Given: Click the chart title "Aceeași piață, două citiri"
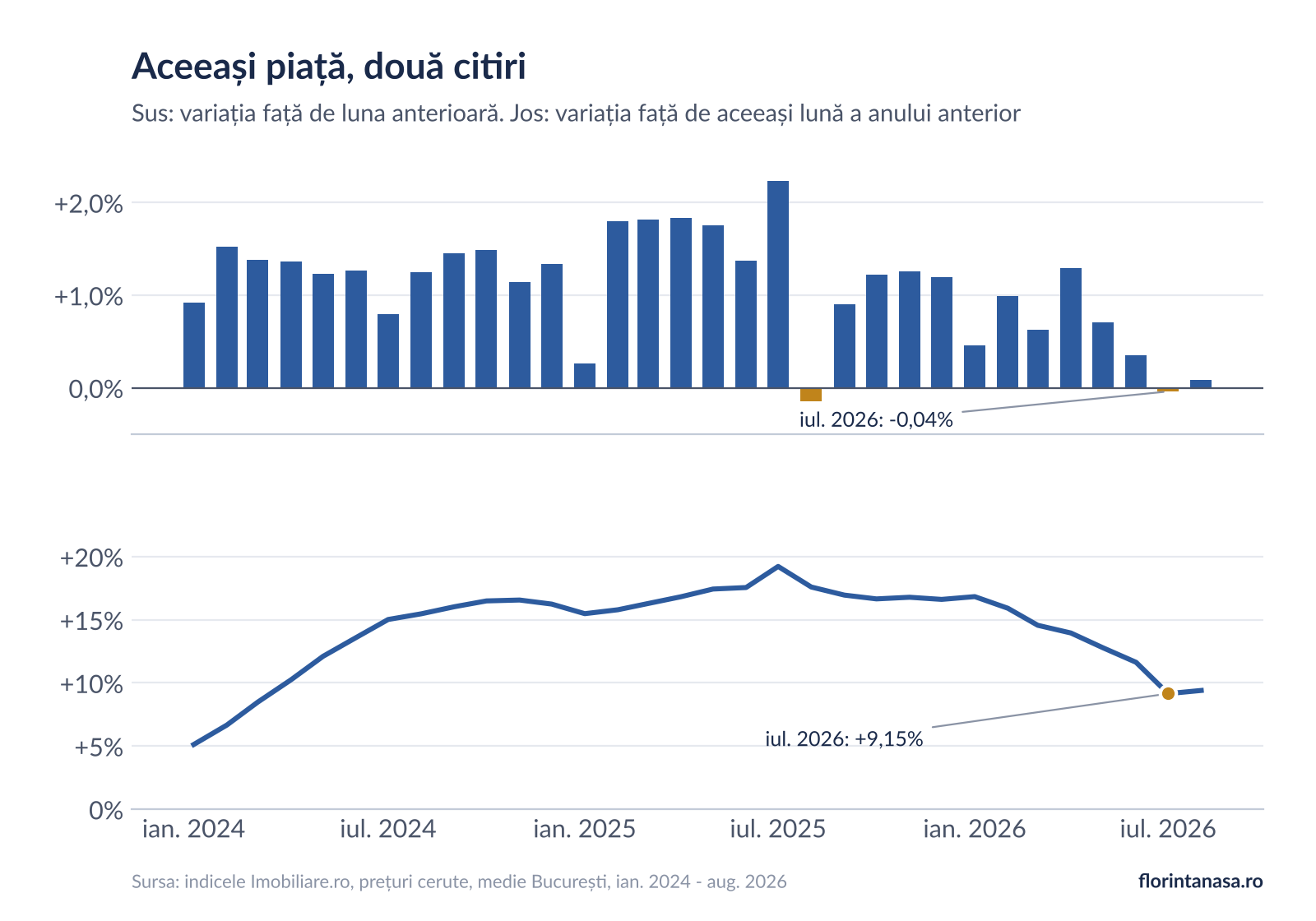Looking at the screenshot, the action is [328, 67].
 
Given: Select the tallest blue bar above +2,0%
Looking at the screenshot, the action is [778, 285].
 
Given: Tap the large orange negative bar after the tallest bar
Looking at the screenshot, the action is [811, 395].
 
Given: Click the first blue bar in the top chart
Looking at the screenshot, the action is [194, 345].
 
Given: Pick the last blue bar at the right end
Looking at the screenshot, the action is [1201, 384].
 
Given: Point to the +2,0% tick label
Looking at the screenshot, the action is [89, 205].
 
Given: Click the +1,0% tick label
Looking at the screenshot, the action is [89, 297].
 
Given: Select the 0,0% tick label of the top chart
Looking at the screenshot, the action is [95, 390].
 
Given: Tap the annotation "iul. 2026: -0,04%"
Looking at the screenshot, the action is [876, 419].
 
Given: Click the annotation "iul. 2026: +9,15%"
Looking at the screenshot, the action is [844, 738].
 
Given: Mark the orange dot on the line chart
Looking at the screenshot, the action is [1168, 694].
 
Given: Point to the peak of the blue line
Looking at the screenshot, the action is [778, 567].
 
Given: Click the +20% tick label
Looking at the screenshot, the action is [91, 558].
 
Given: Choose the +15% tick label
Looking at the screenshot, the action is [91, 622].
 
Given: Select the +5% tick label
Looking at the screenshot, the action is [99, 747].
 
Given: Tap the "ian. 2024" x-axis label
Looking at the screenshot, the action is [193, 830].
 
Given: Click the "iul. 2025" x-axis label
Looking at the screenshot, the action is [778, 830].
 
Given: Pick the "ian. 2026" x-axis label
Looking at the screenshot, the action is [974, 830].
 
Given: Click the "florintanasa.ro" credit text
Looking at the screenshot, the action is [1201, 881].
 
